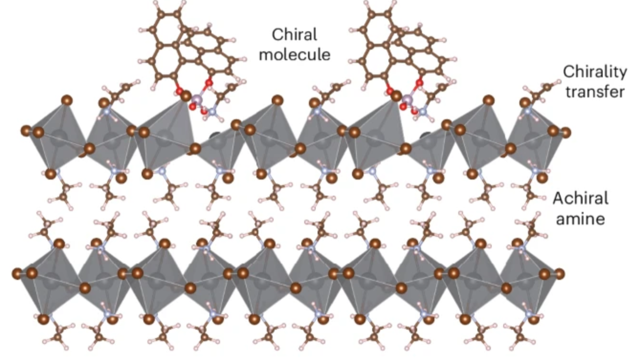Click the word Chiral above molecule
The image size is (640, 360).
pos(294,35)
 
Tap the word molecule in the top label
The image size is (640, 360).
pos(295,55)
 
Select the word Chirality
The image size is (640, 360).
pos(595,72)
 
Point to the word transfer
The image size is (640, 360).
pos(595,92)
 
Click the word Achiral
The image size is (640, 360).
pos(581,198)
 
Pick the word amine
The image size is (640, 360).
pos(580,218)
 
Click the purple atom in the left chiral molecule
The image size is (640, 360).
pos(197,99)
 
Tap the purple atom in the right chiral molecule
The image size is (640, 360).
pos(408,99)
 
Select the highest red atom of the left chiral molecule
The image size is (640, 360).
pos(209,83)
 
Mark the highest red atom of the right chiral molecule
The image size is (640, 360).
pos(419,83)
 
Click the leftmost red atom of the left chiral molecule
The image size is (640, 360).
pos(179,92)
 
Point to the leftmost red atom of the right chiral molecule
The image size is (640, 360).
pos(390,91)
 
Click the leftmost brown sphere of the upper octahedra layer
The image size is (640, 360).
pos(26,131)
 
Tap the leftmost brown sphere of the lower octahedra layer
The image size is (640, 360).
pos(17,274)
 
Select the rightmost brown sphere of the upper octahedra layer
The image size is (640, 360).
pos(565,133)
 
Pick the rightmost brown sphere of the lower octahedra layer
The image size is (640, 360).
pos(559,274)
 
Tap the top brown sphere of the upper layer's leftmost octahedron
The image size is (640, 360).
pos(67,100)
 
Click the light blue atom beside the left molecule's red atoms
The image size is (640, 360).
pos(212,111)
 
